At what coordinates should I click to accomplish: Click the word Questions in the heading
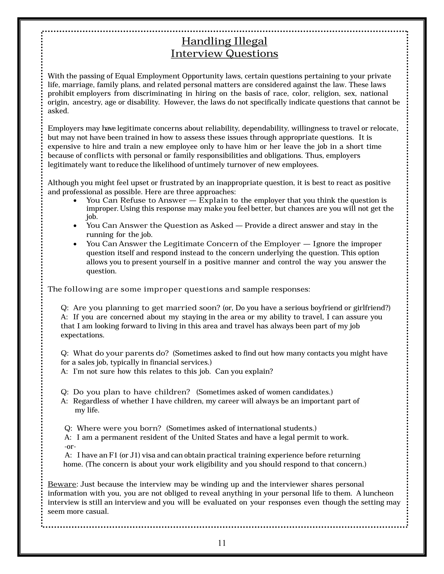pos(252,54)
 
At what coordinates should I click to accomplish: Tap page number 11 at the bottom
pos(222,543)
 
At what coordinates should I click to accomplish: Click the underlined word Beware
pos(62,484)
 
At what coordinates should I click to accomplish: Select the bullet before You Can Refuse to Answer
pos(75,201)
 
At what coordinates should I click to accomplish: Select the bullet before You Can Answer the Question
pos(75,226)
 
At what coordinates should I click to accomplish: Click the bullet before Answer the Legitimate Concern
pos(75,244)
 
